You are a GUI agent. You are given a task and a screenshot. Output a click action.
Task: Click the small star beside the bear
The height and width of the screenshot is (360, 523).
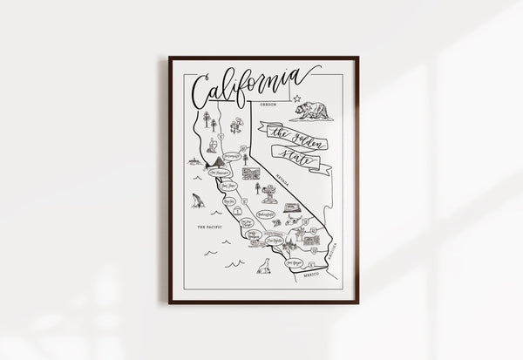(x=296, y=98)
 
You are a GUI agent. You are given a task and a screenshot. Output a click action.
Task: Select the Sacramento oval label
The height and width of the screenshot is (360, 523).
(x=231, y=157)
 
